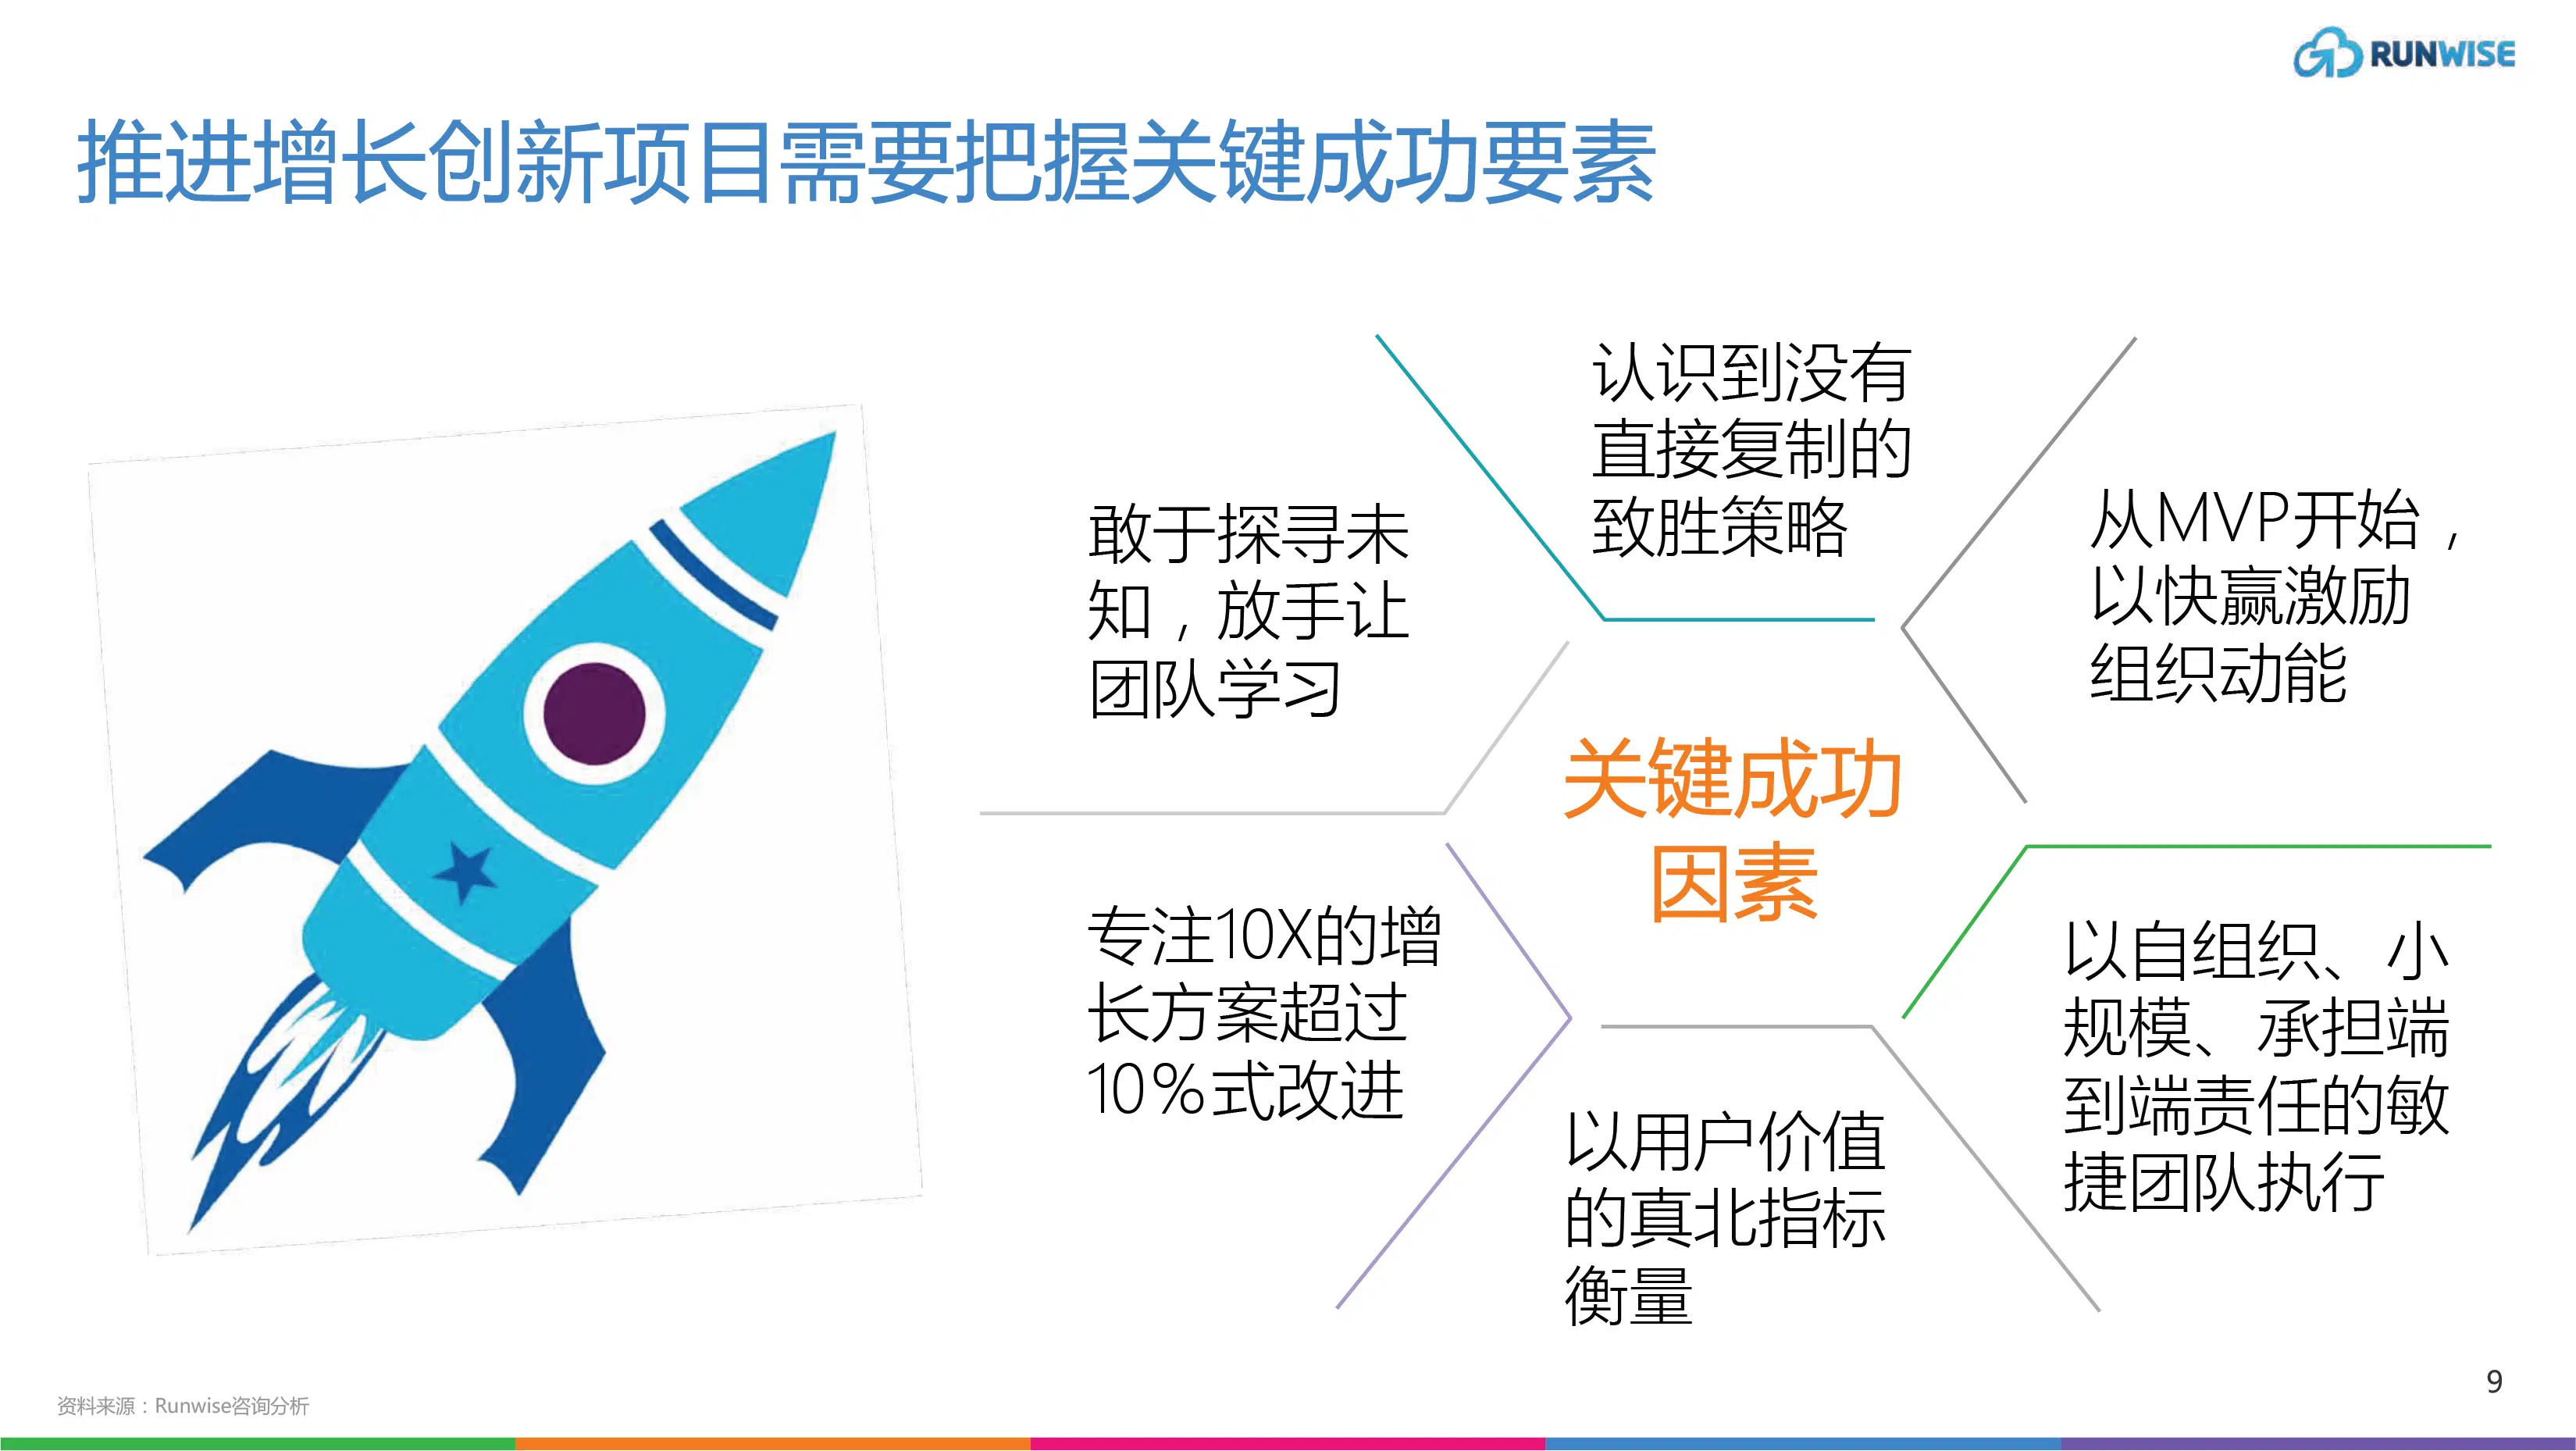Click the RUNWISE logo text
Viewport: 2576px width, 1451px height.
point(2441,55)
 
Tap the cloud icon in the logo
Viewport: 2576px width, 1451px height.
point(2327,54)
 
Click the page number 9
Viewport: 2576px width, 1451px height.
point(2494,1381)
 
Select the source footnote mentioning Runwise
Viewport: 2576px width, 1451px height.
point(183,1406)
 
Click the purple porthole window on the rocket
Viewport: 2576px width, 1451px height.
point(594,712)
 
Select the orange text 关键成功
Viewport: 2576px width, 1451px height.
point(1731,780)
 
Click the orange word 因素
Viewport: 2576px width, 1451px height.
point(1733,884)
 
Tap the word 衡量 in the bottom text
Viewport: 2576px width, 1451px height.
point(1628,1296)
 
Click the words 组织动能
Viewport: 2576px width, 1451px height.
point(2218,673)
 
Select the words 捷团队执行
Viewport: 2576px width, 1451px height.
point(2224,1183)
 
